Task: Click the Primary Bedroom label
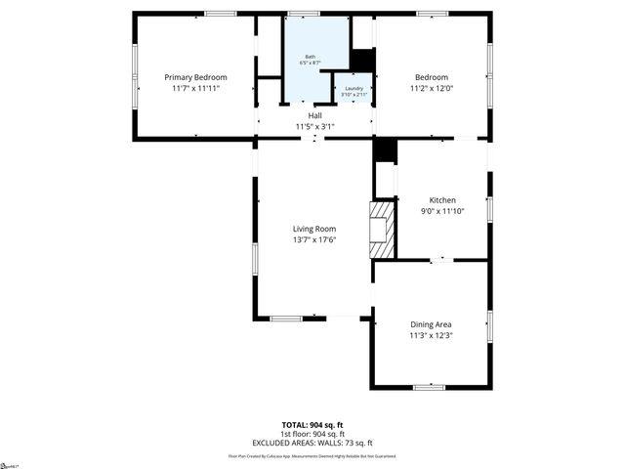pos(195,77)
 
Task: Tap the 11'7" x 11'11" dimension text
pos(195,89)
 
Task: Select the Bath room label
pos(311,56)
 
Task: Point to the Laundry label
pos(353,88)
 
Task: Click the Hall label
pos(314,115)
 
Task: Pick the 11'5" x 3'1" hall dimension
pos(314,126)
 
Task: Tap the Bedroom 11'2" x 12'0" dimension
pos(431,89)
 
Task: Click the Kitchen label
pos(430,199)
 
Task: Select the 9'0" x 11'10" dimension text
pos(430,211)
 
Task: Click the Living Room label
pos(314,229)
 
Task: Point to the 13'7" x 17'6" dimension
pos(314,240)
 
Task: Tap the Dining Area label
pos(431,324)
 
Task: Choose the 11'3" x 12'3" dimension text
pos(431,336)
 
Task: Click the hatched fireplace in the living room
pos(380,231)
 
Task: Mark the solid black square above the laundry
pos(362,60)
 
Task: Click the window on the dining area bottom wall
pos(430,387)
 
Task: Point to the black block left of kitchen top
pos(386,150)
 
